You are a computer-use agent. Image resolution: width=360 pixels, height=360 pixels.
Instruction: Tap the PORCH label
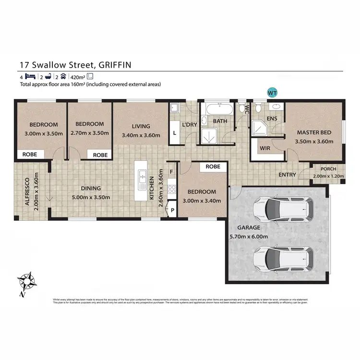pyautogui.click(x=329, y=169)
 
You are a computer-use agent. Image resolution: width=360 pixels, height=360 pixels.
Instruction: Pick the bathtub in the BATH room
pyautogui.click(x=217, y=109)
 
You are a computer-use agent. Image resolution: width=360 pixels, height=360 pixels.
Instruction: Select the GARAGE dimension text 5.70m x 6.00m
pyautogui.click(x=248, y=236)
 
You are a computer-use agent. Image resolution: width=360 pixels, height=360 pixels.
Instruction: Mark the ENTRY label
pyautogui.click(x=287, y=175)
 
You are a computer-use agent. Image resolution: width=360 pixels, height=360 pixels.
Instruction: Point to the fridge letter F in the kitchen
pyautogui.click(x=172, y=172)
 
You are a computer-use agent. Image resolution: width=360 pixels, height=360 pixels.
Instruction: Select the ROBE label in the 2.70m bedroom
pyautogui.click(x=100, y=155)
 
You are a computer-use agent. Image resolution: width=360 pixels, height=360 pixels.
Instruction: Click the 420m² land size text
pyautogui.click(x=77, y=76)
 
